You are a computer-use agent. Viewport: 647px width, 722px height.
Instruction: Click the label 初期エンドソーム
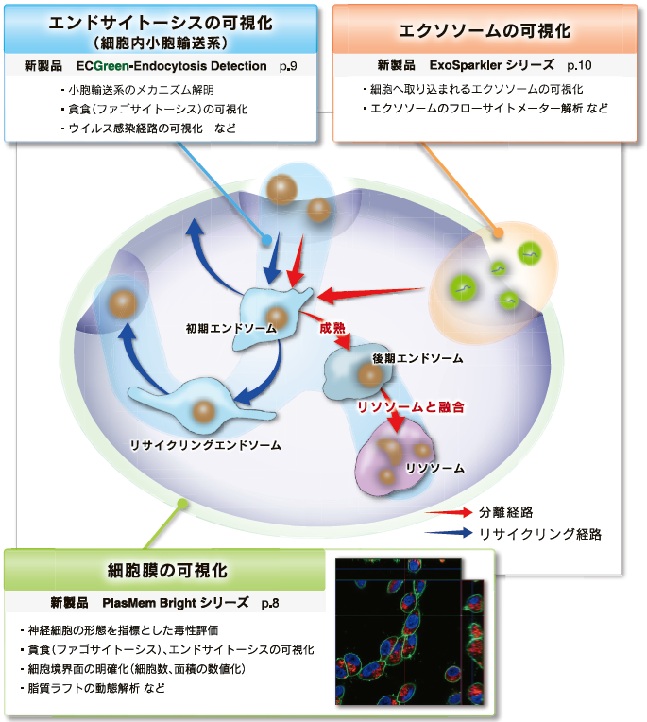[231, 328]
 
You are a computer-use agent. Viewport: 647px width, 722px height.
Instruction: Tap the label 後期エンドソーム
[417, 358]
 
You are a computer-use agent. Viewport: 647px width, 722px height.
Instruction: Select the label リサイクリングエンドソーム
[205, 445]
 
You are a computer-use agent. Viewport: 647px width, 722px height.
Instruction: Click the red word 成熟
[332, 328]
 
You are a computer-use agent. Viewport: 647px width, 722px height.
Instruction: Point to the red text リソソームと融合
[411, 407]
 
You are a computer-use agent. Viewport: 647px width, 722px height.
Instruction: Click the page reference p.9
[288, 66]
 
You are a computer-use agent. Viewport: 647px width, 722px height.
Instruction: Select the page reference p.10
[579, 65]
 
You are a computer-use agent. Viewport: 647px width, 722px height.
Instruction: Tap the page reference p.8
[270, 603]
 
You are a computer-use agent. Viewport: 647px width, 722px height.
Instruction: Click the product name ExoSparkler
[464, 65]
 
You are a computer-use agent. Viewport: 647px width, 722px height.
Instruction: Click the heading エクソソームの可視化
[485, 31]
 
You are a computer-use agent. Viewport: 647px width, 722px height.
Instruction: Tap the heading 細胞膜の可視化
[167, 571]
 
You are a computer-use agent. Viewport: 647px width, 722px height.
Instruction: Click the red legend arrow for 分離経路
[449, 512]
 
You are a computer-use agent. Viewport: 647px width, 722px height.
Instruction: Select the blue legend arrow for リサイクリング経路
[449, 533]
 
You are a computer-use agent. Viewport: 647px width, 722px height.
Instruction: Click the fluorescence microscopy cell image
[410, 631]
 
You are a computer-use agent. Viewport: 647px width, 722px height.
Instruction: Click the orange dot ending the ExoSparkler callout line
[498, 232]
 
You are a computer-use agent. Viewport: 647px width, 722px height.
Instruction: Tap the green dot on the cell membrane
[182, 505]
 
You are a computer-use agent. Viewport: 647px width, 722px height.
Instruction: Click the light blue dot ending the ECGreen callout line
[266, 240]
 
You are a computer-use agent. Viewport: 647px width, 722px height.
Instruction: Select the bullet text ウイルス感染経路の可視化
[135, 128]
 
